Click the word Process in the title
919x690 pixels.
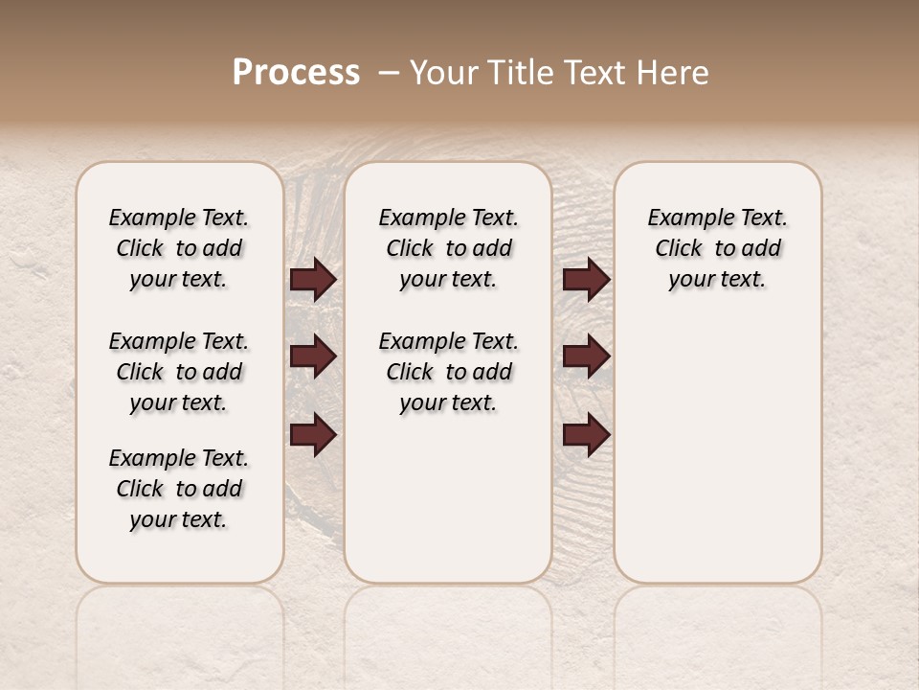pyautogui.click(x=296, y=72)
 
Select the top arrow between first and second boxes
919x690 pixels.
pyautogui.click(x=313, y=280)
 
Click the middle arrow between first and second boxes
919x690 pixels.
pyautogui.click(x=313, y=356)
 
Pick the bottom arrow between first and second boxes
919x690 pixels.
pyautogui.click(x=313, y=434)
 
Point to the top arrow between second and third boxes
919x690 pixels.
pyautogui.click(x=587, y=280)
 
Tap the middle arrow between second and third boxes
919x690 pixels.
pyautogui.click(x=587, y=356)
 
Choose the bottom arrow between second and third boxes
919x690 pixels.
pyautogui.click(x=587, y=434)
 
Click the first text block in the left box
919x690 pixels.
pyautogui.click(x=179, y=248)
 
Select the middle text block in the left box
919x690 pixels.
pyautogui.click(x=179, y=372)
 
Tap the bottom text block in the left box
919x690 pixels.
pyautogui.click(x=179, y=489)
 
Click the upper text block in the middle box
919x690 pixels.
pyautogui.click(x=448, y=248)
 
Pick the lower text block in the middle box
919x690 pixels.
pyautogui.click(x=448, y=372)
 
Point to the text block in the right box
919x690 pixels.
pyautogui.click(x=718, y=248)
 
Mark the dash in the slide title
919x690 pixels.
pyautogui.click(x=389, y=72)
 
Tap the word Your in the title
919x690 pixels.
pyautogui.click(x=443, y=72)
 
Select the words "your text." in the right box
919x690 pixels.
pyautogui.click(x=718, y=280)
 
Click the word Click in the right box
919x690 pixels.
pyautogui.click(x=679, y=248)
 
